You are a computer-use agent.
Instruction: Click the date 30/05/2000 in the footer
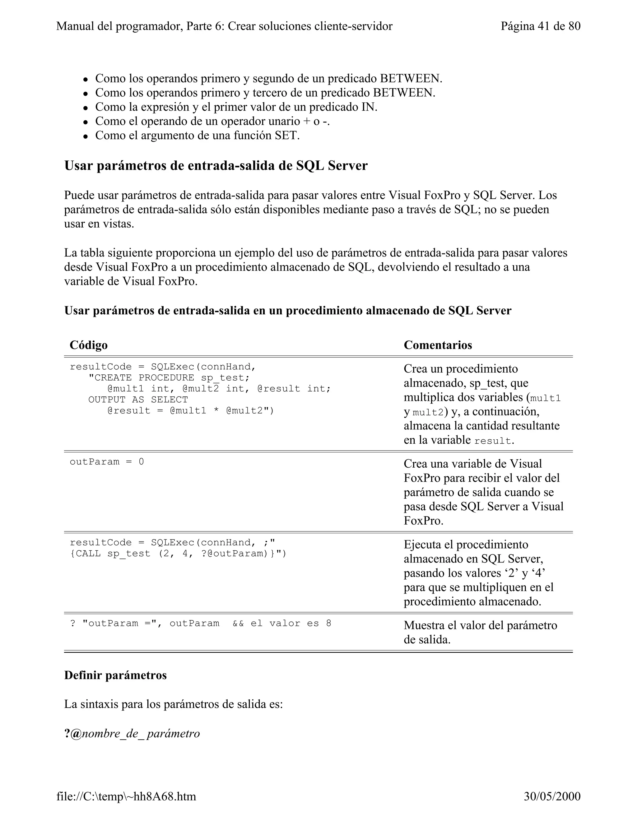point(552,796)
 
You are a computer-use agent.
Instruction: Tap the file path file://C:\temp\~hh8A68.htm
point(126,796)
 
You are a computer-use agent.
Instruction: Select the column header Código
point(89,345)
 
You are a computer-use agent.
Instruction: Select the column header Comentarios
point(438,345)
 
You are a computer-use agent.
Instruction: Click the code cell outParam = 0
point(107,462)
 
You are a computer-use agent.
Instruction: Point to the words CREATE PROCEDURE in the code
point(144,378)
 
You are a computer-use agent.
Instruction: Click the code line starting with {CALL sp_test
point(178,553)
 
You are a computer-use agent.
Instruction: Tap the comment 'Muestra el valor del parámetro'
point(480,625)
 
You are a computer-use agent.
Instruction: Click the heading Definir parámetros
point(115,675)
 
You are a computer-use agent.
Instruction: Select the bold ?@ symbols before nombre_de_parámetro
point(73,734)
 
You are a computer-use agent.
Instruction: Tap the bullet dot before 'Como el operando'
point(86,122)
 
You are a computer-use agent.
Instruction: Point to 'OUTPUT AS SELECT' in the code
point(138,400)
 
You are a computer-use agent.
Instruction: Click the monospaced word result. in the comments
point(494,441)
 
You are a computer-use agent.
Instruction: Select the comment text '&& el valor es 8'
point(282,623)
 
